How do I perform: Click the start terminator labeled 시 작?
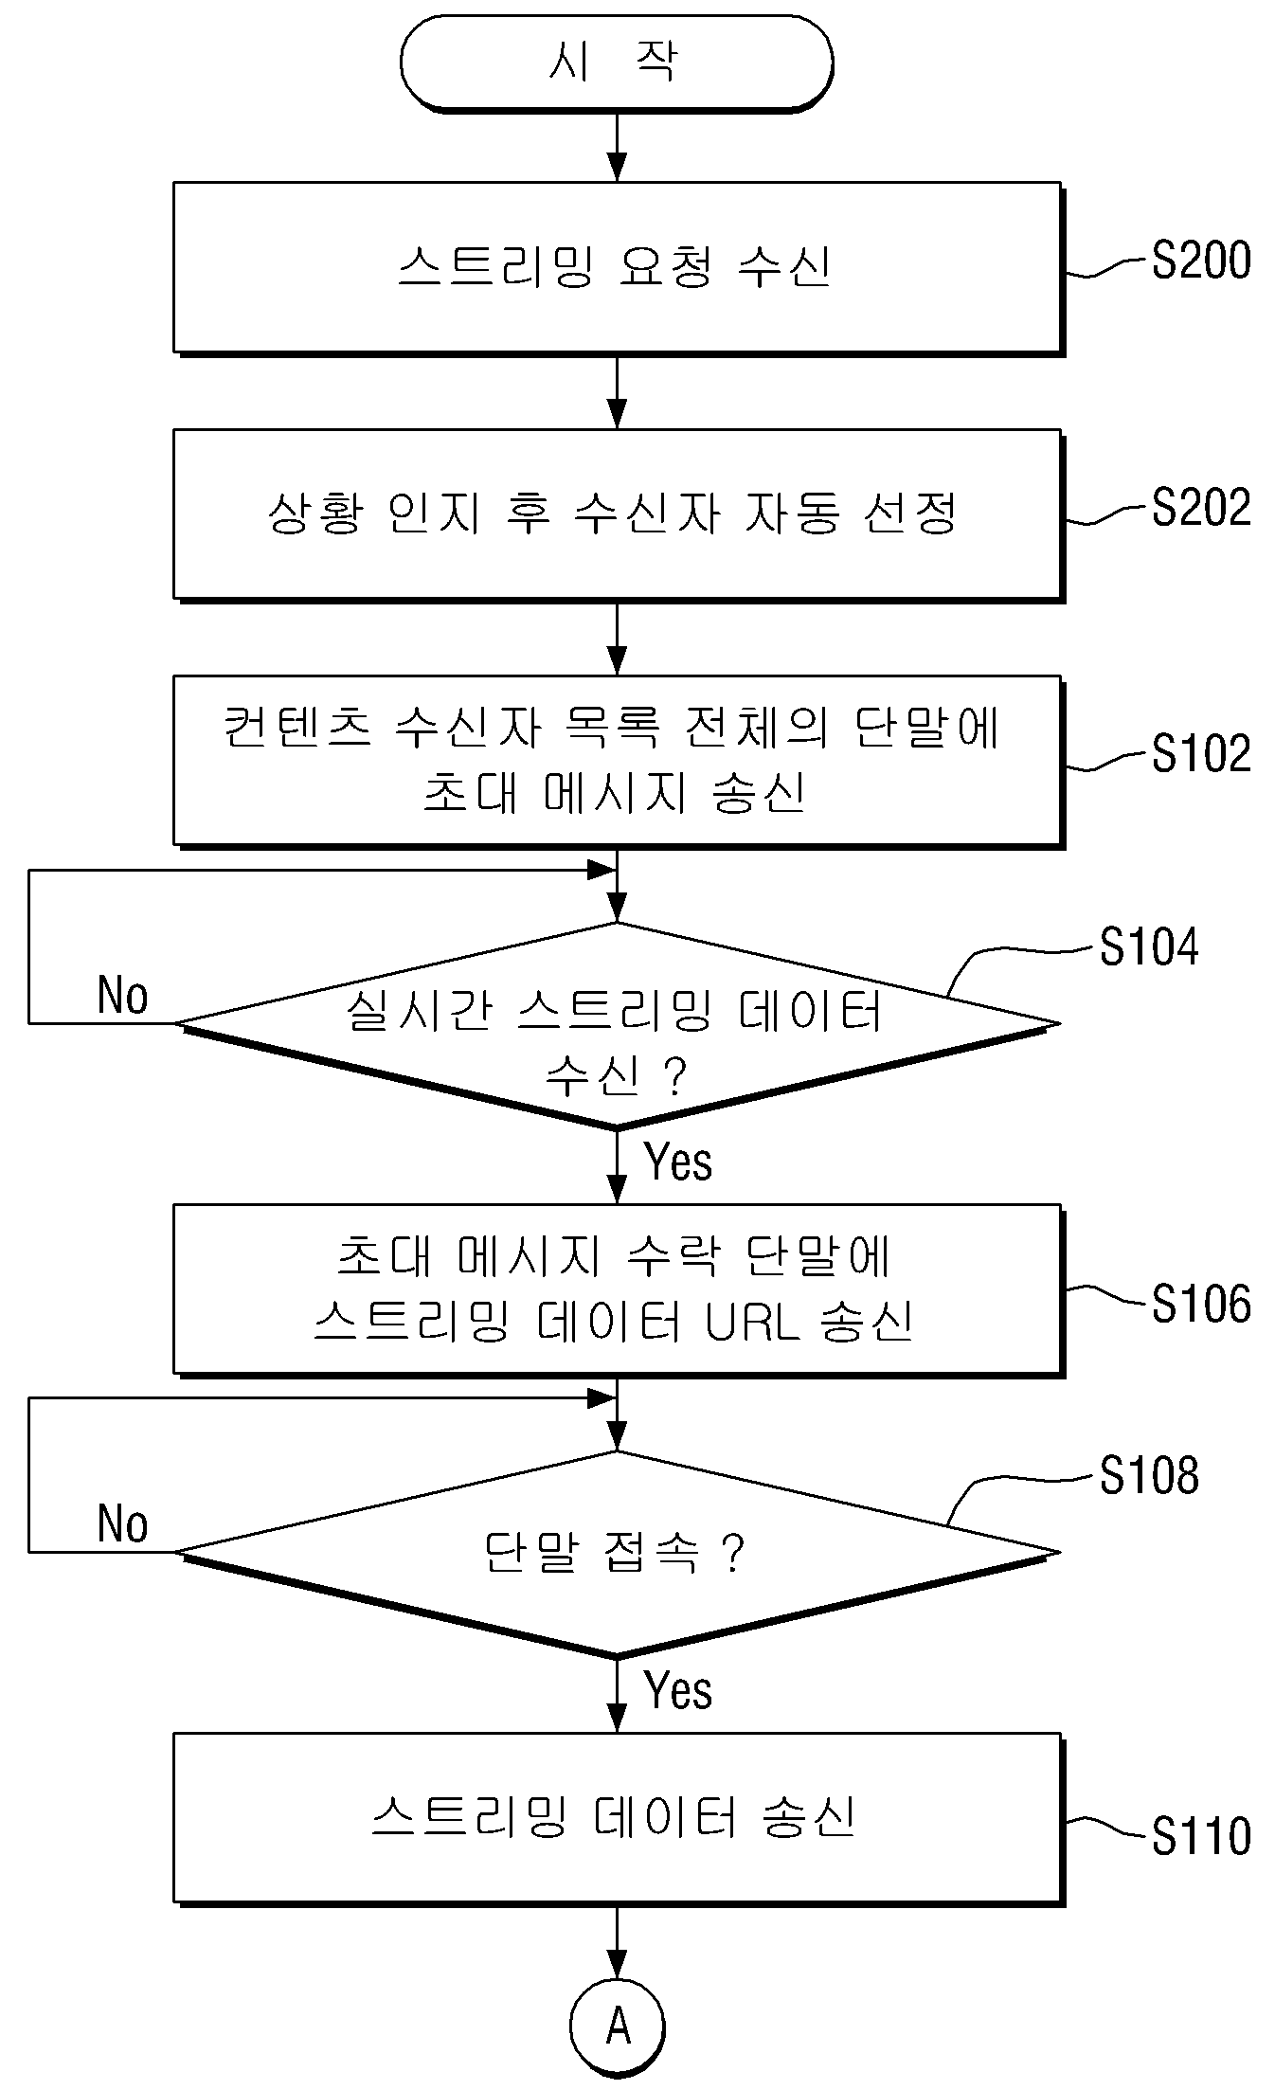click(617, 63)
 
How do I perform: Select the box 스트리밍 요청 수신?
click(618, 268)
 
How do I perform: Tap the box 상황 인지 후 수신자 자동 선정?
click(618, 514)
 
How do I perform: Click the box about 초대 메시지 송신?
click(618, 761)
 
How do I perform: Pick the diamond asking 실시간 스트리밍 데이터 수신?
click(618, 1025)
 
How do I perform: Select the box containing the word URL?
click(618, 1289)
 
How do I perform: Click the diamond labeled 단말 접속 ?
click(618, 1554)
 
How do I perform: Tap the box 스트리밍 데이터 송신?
click(618, 1819)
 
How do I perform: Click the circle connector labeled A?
click(618, 2027)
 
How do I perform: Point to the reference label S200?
click(1201, 261)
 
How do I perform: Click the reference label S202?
click(1201, 507)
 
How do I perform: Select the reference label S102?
click(1201, 754)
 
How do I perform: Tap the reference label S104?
click(1149, 946)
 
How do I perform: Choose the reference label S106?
click(1201, 1303)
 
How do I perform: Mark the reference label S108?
click(1149, 1475)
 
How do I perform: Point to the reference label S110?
click(1201, 1835)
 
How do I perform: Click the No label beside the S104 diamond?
click(123, 996)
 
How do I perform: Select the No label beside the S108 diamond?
click(123, 1524)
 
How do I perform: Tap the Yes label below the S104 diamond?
click(678, 1162)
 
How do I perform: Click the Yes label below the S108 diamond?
click(678, 1690)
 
